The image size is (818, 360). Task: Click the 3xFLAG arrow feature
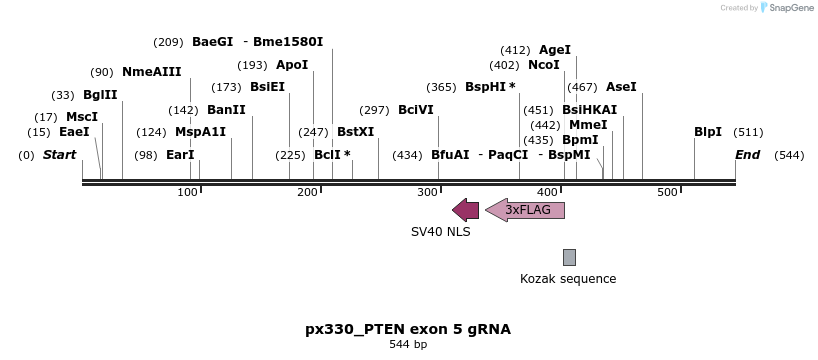[x=525, y=210]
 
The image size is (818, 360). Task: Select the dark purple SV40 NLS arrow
[x=465, y=210]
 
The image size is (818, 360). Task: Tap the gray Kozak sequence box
[x=569, y=257]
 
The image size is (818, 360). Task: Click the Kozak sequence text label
[x=568, y=279]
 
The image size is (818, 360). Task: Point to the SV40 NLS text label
[x=440, y=231]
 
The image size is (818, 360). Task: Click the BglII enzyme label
[x=100, y=95]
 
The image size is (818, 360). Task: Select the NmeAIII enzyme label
[x=152, y=72]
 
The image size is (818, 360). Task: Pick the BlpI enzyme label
[x=708, y=132]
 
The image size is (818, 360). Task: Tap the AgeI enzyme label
[x=555, y=49]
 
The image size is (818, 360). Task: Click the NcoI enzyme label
[x=544, y=65]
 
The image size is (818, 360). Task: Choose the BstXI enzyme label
[x=355, y=132]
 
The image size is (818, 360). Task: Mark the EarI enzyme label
[x=180, y=155]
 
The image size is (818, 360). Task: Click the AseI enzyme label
[x=621, y=87]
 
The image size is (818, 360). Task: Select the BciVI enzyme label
[x=416, y=110]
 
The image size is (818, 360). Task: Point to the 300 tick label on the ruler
[x=427, y=191]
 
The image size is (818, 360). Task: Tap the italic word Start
[x=60, y=155]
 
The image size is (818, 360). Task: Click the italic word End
[x=747, y=155]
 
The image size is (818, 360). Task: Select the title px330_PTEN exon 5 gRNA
[x=408, y=328]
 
